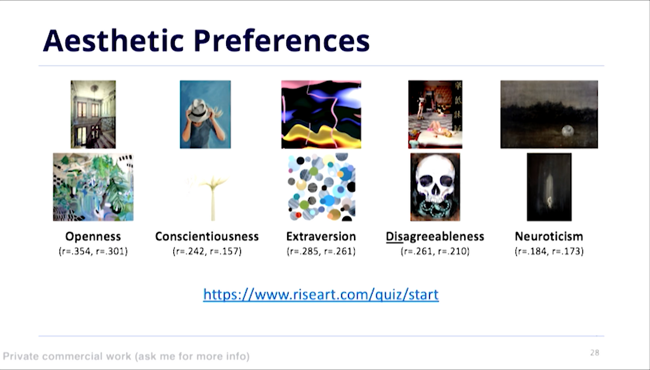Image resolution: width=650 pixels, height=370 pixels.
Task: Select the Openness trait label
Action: tap(93, 237)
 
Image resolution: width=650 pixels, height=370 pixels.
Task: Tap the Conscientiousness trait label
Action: tap(207, 236)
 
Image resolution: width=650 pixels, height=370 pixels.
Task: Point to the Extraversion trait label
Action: tap(321, 236)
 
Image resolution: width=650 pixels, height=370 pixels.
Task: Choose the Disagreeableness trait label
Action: tap(435, 237)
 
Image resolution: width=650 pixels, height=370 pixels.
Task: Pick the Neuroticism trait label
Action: tap(549, 236)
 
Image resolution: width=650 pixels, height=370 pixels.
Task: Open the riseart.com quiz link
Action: tap(321, 294)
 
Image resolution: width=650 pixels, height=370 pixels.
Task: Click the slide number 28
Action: tap(595, 353)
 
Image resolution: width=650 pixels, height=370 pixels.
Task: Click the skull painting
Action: tap(435, 187)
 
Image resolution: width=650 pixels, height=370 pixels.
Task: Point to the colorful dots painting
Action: tap(321, 187)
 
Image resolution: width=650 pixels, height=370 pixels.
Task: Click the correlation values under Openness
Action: tap(93, 251)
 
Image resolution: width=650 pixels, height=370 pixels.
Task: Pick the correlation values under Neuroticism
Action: tap(549, 251)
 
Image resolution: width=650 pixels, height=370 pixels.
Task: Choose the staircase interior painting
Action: tap(93, 114)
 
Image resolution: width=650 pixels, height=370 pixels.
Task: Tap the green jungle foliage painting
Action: tap(93, 187)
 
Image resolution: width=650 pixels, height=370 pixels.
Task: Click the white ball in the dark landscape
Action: tap(567, 131)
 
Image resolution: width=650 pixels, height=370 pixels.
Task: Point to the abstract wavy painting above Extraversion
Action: tap(321, 114)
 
